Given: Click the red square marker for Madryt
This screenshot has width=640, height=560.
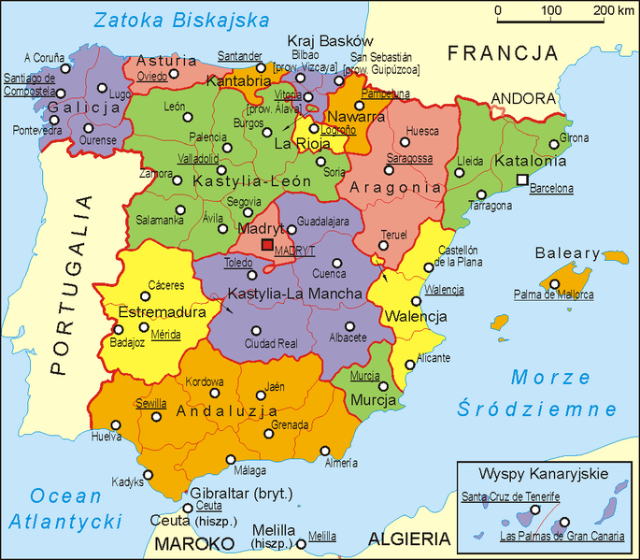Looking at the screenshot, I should pyautogui.click(x=267, y=245).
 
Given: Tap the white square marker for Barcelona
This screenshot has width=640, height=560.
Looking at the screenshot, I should pyautogui.click(x=523, y=179).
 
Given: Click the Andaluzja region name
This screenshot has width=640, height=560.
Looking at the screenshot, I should pyautogui.click(x=227, y=410).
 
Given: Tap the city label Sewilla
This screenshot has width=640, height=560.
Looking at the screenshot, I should pyautogui.click(x=150, y=403).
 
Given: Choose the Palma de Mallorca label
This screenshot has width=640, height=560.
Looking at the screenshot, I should pyautogui.click(x=553, y=294).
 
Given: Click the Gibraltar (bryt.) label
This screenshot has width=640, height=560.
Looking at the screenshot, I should pyautogui.click(x=241, y=493).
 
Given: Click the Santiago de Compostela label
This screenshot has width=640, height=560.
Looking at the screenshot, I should pyautogui.click(x=29, y=84).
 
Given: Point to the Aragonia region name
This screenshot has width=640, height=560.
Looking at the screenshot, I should pyautogui.click(x=394, y=188).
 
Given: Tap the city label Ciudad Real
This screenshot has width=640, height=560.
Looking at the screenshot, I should pyautogui.click(x=270, y=344).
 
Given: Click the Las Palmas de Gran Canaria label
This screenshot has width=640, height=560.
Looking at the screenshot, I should pyautogui.click(x=546, y=537).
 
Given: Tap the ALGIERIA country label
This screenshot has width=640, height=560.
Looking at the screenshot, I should pyautogui.click(x=409, y=538).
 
